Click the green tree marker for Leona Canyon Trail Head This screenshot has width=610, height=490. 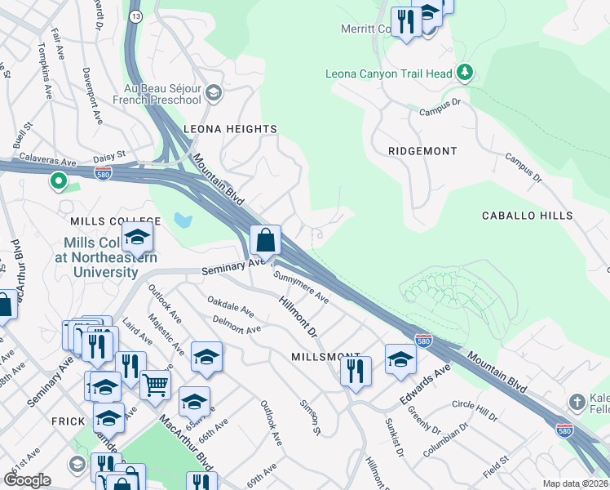click(465, 73)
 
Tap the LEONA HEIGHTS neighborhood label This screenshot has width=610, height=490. click(230, 129)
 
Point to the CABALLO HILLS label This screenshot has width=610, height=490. click(527, 216)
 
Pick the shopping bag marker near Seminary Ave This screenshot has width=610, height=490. click(266, 241)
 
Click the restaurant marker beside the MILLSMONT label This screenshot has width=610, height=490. click(356, 369)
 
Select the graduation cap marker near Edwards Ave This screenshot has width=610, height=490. click(400, 360)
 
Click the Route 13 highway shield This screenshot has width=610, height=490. click(135, 16)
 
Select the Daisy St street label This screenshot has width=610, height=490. click(110, 154)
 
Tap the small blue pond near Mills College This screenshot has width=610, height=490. click(183, 220)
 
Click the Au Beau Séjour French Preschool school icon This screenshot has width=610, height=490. click(214, 91)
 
